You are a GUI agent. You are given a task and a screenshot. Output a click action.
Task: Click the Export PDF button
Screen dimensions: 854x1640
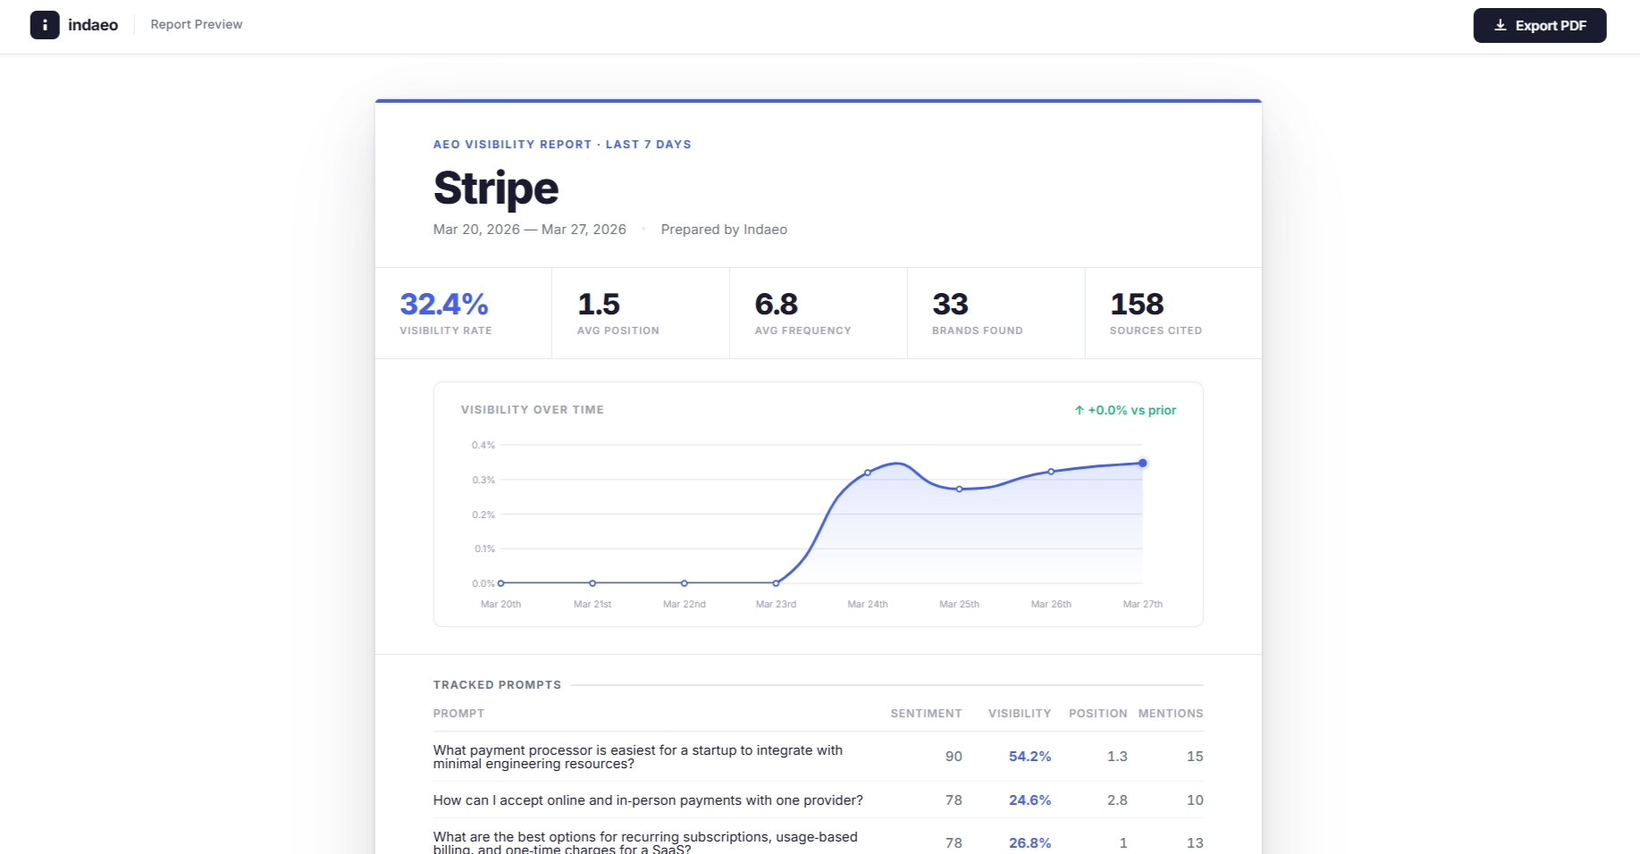click(1539, 25)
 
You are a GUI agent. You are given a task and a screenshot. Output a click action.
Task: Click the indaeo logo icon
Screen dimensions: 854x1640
click(45, 25)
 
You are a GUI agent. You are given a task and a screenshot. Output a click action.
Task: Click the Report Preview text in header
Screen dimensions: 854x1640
click(196, 24)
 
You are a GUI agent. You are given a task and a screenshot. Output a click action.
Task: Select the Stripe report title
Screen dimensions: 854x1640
click(496, 188)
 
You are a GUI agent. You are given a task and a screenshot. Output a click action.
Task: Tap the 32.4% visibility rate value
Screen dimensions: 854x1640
click(443, 305)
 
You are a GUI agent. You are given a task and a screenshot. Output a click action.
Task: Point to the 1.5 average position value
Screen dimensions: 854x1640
click(598, 305)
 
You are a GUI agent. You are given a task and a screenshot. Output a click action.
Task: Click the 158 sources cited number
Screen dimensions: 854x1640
click(1136, 305)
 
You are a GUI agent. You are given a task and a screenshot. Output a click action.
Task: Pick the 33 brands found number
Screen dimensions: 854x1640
click(950, 305)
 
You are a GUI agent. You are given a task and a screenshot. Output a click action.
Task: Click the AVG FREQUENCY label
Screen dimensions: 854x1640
click(803, 331)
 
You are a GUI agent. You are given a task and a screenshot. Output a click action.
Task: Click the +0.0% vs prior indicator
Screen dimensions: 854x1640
click(1125, 410)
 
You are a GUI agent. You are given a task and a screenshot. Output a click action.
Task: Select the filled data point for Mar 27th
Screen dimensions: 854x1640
click(1142, 463)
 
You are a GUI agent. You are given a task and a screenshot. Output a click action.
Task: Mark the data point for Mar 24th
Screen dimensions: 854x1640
click(868, 473)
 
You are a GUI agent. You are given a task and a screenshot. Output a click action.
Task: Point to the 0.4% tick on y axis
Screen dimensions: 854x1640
click(483, 445)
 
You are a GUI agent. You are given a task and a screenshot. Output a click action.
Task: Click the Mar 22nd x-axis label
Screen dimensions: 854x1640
click(684, 604)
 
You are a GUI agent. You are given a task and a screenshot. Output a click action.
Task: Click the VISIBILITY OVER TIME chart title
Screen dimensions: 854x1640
click(532, 410)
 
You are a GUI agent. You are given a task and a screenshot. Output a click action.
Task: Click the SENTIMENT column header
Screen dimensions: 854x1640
click(926, 714)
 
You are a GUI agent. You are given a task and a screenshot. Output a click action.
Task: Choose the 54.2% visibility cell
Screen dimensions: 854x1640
click(1030, 757)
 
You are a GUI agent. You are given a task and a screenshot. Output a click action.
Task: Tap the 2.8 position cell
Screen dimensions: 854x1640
click(1117, 800)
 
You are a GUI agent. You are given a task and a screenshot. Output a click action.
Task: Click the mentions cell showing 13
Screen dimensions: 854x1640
click(1194, 843)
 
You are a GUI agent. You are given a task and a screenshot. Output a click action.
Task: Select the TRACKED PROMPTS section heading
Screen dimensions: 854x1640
click(497, 685)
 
